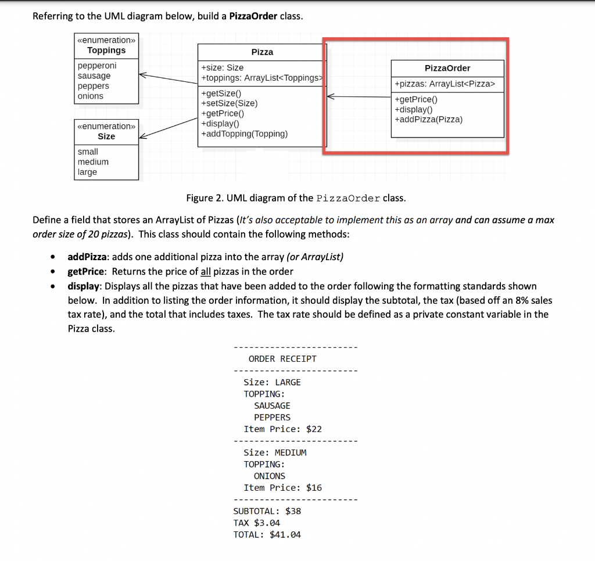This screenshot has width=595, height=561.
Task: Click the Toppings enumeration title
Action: coord(106,51)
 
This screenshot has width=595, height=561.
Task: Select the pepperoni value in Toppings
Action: coord(97,66)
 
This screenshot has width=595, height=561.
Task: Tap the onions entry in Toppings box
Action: coord(91,96)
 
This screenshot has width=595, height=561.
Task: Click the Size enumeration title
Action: coord(106,136)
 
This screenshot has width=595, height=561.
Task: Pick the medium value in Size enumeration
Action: coord(93,162)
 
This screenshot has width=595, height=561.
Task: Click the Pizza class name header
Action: coord(262,52)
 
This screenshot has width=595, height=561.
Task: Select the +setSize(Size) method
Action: coord(229,103)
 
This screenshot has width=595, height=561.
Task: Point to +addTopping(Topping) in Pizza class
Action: coord(244,134)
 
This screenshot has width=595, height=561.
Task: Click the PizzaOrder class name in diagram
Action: coord(447,69)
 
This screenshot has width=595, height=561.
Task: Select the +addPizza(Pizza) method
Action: coord(428,120)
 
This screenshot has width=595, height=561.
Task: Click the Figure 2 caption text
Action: coord(296,199)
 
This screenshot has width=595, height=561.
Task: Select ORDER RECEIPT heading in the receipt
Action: coord(282,359)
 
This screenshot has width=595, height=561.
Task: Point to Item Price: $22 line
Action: coord(282,429)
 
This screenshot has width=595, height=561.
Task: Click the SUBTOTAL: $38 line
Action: coord(267,511)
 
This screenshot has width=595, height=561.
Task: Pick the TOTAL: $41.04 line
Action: coord(267,535)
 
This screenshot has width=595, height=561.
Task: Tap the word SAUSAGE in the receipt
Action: coord(272,406)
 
